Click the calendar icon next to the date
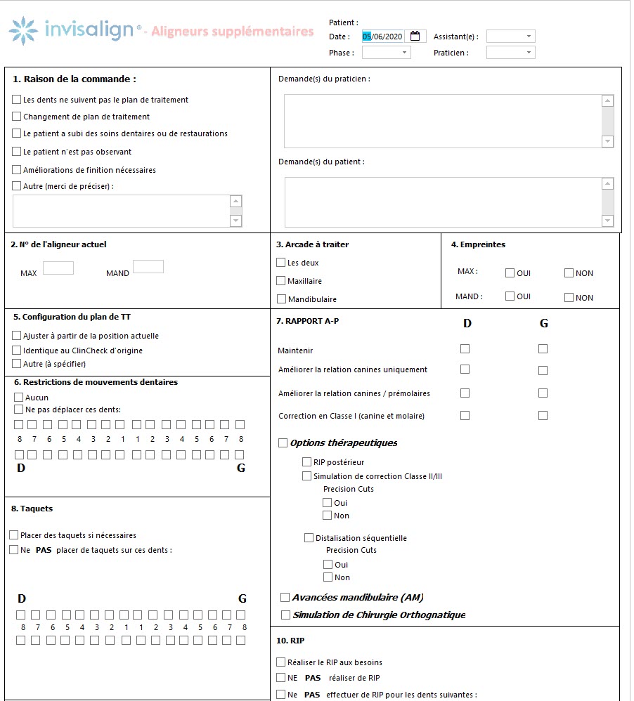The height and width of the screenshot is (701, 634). pyautogui.click(x=415, y=37)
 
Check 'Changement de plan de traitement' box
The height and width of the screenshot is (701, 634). pyautogui.click(x=17, y=117)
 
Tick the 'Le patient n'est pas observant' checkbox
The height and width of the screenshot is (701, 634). pyautogui.click(x=17, y=151)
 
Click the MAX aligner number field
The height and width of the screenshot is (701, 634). pyautogui.click(x=58, y=268)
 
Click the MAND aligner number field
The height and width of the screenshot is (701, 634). pyautogui.click(x=148, y=267)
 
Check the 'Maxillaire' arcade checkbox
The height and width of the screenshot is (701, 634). pyautogui.click(x=281, y=281)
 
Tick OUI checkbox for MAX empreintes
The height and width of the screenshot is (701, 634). pyautogui.click(x=510, y=273)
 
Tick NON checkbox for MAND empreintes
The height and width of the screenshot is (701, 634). pyautogui.click(x=569, y=297)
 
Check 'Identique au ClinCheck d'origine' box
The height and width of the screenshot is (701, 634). pyautogui.click(x=17, y=350)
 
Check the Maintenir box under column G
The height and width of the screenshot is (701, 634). pyautogui.click(x=543, y=348)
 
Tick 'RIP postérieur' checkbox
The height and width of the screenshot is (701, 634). pyautogui.click(x=306, y=461)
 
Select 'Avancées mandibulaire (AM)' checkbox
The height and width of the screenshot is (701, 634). pyautogui.click(x=285, y=597)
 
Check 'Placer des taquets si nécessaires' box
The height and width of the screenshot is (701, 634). pyautogui.click(x=14, y=535)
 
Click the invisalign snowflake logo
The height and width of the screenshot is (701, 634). pyautogui.click(x=24, y=31)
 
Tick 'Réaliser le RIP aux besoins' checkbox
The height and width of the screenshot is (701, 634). pyautogui.click(x=281, y=662)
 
